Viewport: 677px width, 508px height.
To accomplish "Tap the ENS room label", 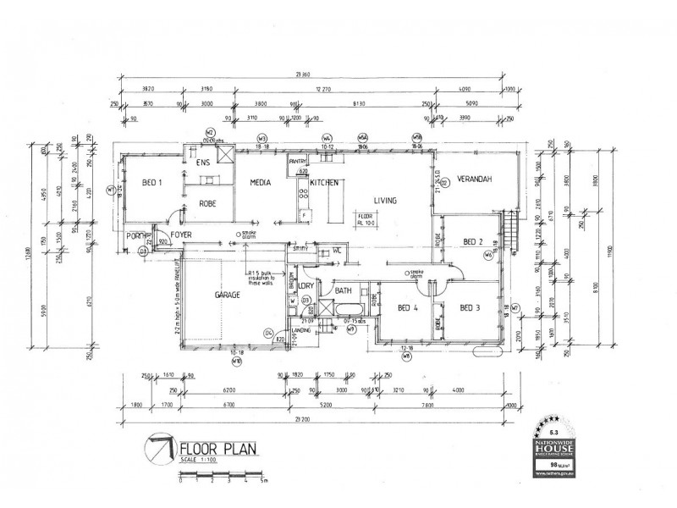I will coord(203,162).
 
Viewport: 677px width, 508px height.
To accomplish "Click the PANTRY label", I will coord(298,162).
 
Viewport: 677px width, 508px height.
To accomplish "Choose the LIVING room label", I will coord(388,201).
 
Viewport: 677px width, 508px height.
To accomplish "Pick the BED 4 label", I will coord(407,307).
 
